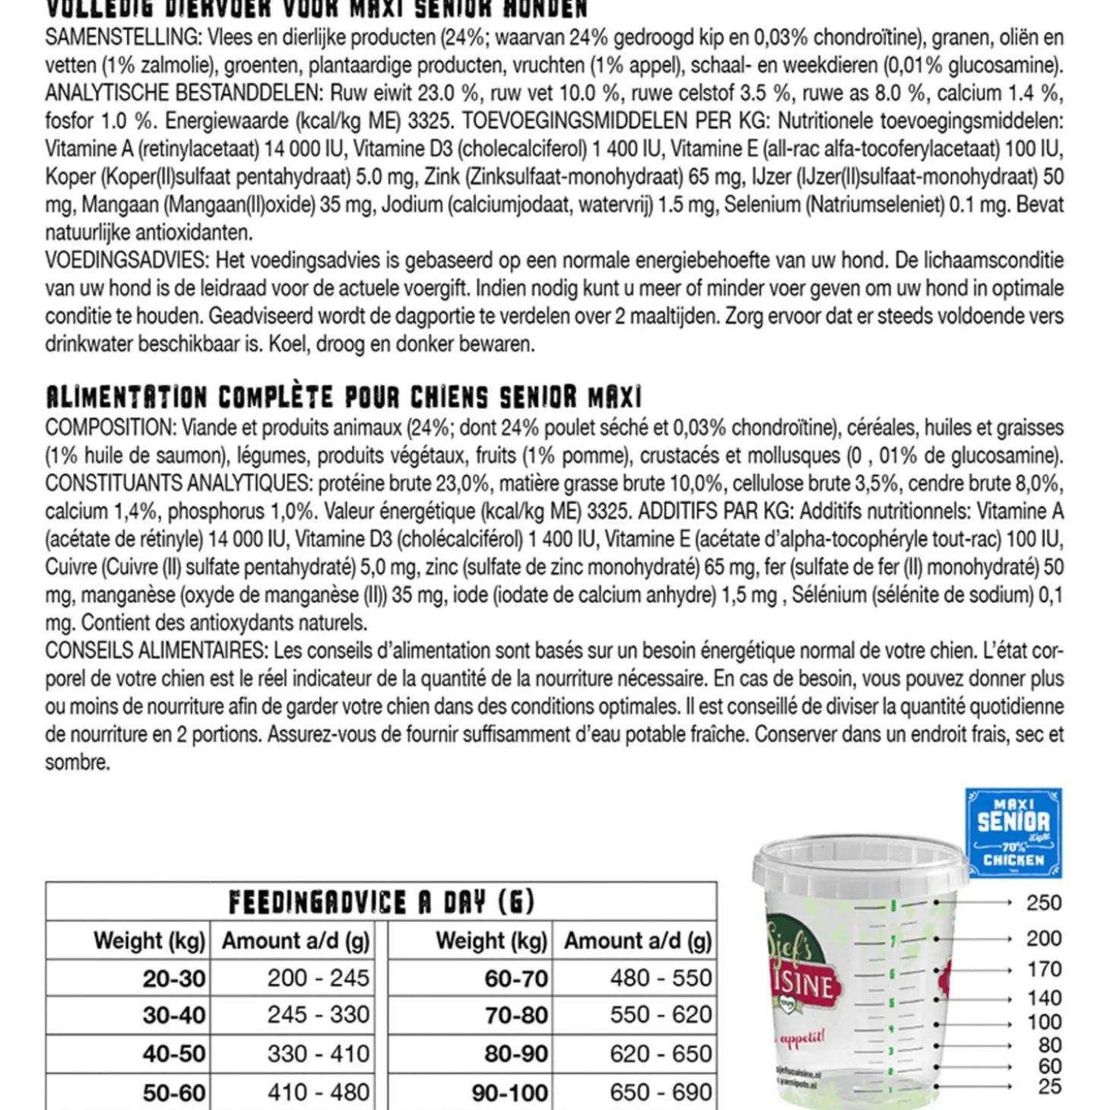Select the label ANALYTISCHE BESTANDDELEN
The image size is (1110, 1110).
(x=184, y=94)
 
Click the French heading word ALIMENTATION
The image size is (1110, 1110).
(x=126, y=398)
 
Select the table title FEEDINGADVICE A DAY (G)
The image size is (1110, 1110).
(x=381, y=902)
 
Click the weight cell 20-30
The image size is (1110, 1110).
(x=174, y=978)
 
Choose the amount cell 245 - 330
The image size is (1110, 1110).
(x=318, y=1015)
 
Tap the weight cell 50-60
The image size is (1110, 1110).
(x=174, y=1093)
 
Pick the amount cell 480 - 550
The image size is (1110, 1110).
(x=661, y=978)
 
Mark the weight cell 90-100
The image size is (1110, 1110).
(x=509, y=1093)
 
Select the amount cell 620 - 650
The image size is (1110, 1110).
(x=661, y=1054)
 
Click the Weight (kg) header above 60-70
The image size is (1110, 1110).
(x=491, y=941)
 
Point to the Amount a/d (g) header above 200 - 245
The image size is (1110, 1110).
(x=296, y=941)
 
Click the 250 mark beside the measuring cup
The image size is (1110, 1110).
(x=1043, y=903)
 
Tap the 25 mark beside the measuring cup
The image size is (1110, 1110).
(x=1049, y=1087)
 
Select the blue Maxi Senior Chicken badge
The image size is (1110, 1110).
(x=1013, y=833)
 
